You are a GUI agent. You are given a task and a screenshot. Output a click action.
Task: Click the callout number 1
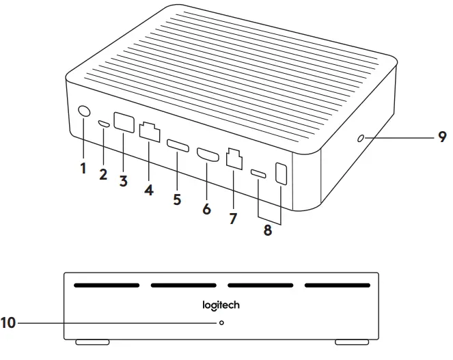point(83,168)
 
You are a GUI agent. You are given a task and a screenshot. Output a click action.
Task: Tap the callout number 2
point(103,174)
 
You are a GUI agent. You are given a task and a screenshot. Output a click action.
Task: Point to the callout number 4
point(149,190)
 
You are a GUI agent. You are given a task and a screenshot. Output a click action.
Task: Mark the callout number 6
point(206,209)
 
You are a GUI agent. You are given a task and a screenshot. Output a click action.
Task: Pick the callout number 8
point(267,230)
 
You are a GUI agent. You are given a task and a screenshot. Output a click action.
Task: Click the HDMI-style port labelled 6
point(208,156)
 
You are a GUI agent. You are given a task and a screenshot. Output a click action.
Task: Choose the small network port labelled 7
point(234,161)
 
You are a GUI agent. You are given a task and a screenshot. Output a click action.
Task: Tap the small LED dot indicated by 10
point(221,322)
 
